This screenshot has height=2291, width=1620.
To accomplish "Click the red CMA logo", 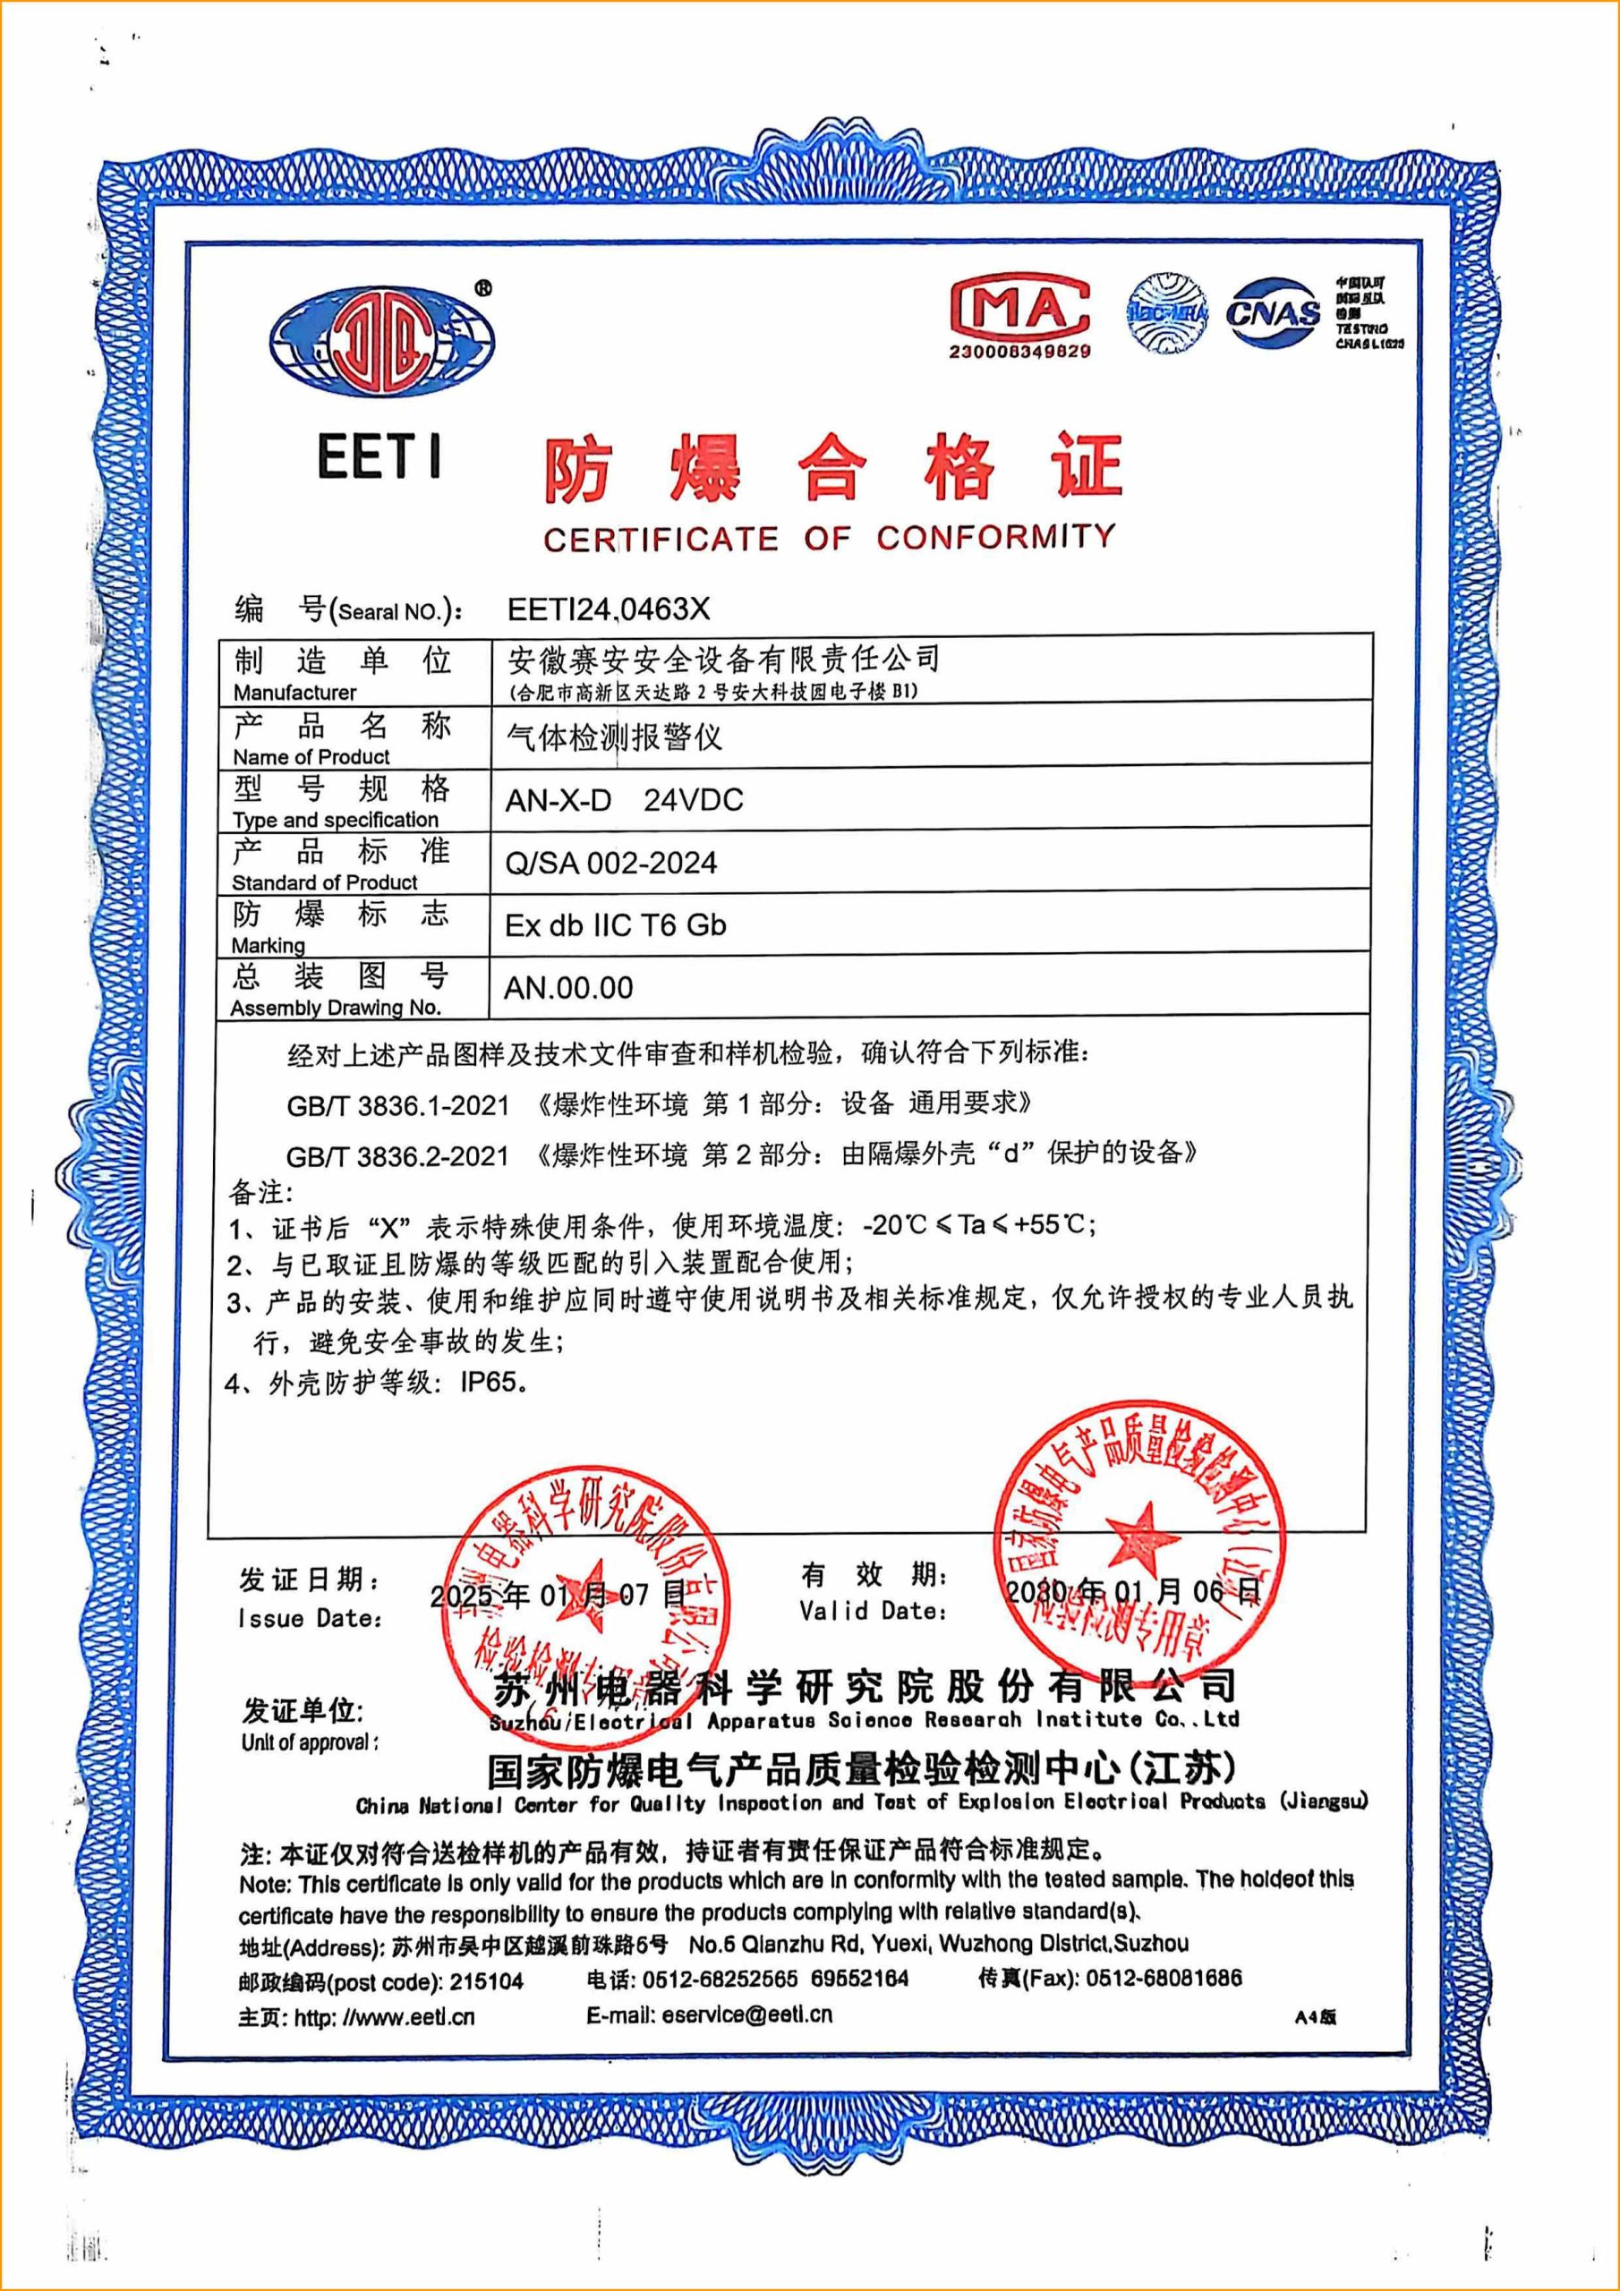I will (x=1019, y=307).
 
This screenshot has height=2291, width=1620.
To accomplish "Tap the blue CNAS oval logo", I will (x=1274, y=313).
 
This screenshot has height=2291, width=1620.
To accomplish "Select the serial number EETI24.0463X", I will (x=608, y=609).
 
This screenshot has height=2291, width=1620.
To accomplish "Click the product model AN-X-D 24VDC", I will (x=624, y=800).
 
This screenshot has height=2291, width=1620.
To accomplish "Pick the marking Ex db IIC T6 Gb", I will (x=615, y=925).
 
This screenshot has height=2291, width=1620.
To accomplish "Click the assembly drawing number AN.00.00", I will (x=568, y=988).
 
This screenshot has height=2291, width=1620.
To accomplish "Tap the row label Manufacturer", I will (x=294, y=693).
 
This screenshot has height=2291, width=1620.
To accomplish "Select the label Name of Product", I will (x=311, y=756).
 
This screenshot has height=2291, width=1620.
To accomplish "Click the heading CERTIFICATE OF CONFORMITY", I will (x=829, y=539).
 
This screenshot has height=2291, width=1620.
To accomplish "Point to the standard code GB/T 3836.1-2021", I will (x=397, y=1105).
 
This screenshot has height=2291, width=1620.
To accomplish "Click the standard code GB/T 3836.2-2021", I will (x=397, y=1156).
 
